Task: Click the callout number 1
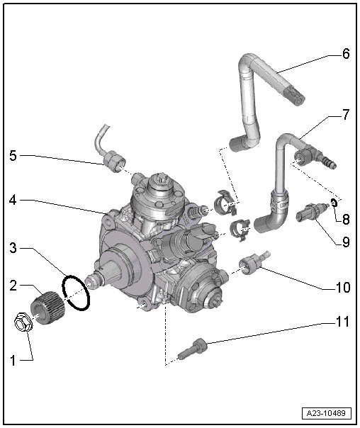tap(13, 361)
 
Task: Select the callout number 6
tap(346, 54)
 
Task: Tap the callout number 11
tap(342, 322)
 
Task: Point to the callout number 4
tap(13, 201)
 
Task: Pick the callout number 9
tap(346, 242)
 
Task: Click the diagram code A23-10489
tap(325, 413)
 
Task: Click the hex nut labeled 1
tap(23, 322)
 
